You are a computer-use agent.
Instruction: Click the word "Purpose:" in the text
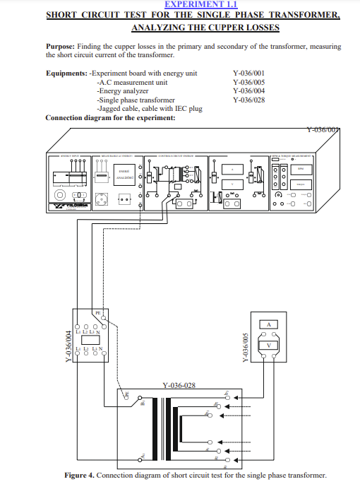[61, 46]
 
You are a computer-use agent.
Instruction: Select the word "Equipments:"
[67, 73]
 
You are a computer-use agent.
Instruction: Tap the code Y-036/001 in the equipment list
[248, 73]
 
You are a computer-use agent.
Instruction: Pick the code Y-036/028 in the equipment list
[248, 100]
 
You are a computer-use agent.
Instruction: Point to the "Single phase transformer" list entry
[136, 100]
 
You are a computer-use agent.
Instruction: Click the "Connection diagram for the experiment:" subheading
[110, 117]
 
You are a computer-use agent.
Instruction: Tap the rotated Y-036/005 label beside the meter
[246, 348]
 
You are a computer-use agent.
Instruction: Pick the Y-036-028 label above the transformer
[179, 386]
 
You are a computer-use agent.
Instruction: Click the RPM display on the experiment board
[300, 168]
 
